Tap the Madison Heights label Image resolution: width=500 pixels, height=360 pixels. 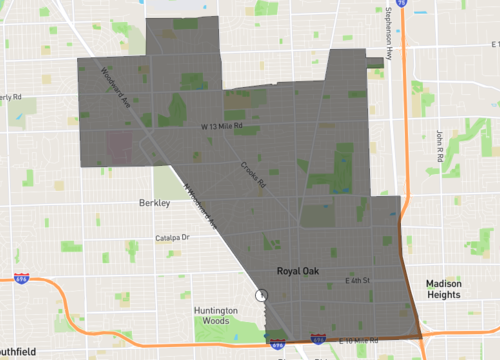[442, 288]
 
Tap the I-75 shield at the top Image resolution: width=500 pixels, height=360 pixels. [400, 3]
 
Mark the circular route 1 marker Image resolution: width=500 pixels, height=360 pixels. [262, 295]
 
